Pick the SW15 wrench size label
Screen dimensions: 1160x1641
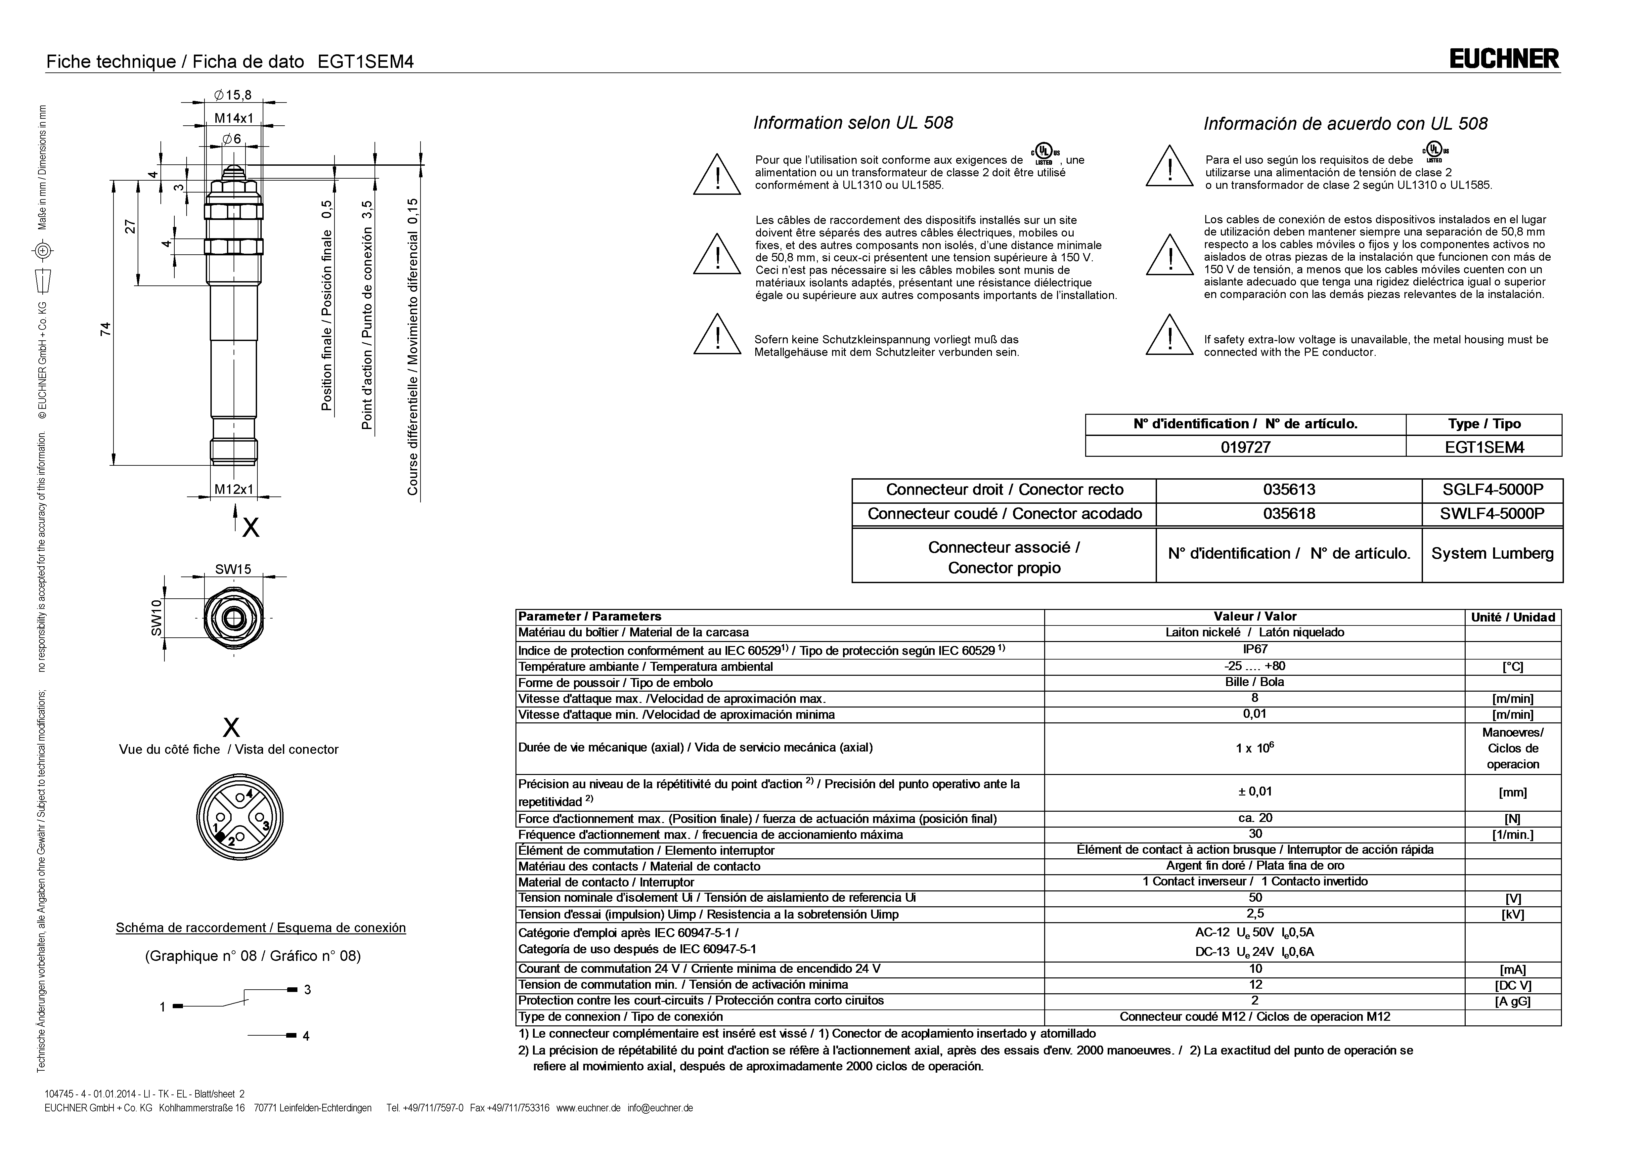coord(233,569)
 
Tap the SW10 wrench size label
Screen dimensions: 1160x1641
coord(156,618)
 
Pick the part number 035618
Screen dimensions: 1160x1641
coord(1289,514)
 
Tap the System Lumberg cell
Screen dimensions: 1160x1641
coord(1492,554)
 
